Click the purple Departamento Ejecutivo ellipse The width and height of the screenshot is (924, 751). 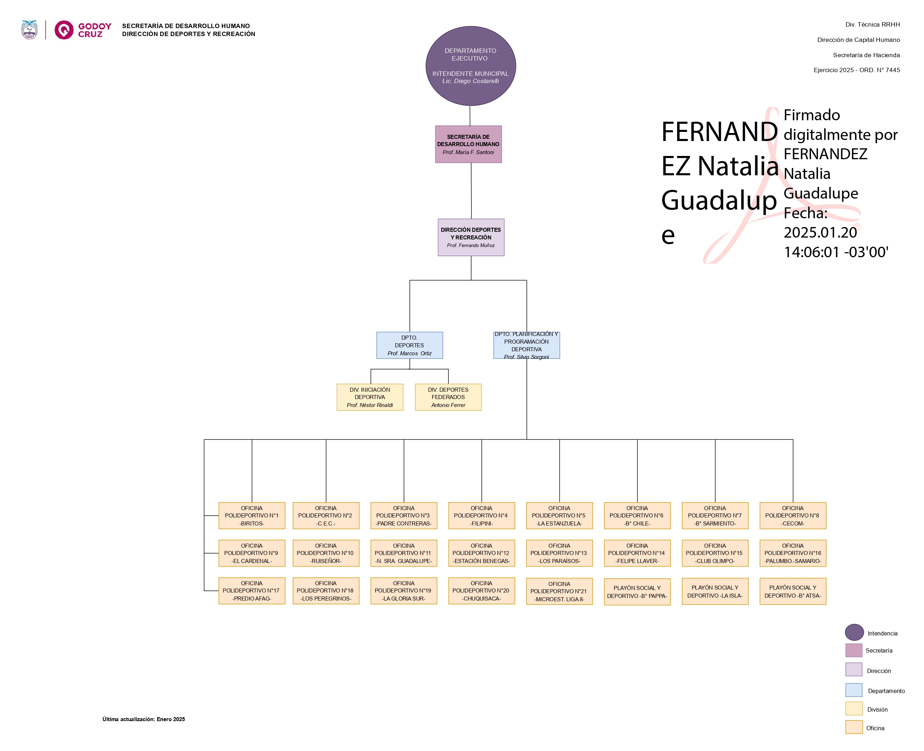[x=470, y=66]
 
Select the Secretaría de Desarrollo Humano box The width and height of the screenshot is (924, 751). [x=468, y=144]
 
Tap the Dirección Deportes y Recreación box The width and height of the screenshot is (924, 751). [x=471, y=237]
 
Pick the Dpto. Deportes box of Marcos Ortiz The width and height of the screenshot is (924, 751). [x=409, y=345]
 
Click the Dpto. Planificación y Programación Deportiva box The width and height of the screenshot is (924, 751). [x=526, y=345]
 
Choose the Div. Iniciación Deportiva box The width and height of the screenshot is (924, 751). [x=370, y=397]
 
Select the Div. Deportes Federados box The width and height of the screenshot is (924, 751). [x=448, y=397]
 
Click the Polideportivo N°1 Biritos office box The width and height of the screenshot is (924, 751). [x=252, y=516]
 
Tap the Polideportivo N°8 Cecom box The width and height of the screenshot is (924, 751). [x=792, y=516]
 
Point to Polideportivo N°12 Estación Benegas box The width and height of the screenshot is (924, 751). [x=481, y=553]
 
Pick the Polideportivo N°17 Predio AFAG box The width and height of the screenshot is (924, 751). [x=252, y=591]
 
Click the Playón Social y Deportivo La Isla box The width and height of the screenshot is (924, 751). [x=715, y=591]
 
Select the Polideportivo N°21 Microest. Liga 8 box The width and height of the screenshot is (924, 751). [x=559, y=591]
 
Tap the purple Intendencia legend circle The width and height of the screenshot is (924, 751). [x=854, y=633]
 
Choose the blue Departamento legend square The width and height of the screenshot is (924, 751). [x=854, y=690]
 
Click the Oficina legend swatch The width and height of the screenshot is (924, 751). [x=854, y=727]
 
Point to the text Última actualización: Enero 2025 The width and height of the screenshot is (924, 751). [x=144, y=719]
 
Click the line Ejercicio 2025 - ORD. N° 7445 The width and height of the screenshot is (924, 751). [x=856, y=70]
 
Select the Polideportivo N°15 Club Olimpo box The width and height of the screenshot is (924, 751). [x=715, y=553]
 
